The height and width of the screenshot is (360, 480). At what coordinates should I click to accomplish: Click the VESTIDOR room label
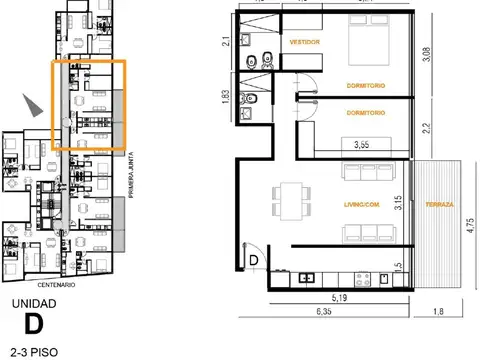[x=303, y=43]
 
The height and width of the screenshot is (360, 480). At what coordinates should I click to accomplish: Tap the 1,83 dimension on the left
[x=225, y=97]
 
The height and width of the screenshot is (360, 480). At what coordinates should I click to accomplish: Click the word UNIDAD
[x=33, y=302]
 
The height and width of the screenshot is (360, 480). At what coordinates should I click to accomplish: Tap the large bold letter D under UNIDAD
[x=33, y=324]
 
